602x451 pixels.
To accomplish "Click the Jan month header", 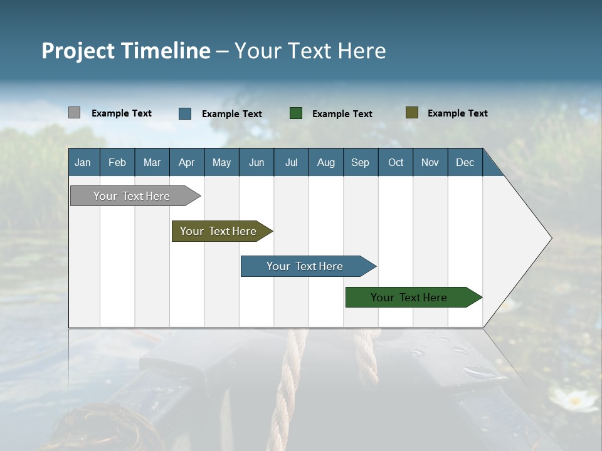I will pyautogui.click(x=83, y=162).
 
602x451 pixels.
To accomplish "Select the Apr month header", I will pyautogui.click(x=186, y=162).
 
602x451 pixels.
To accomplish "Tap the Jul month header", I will pyautogui.click(x=291, y=162).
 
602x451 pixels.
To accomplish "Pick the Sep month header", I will pyautogui.click(x=360, y=162).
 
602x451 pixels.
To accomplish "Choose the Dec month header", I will pyautogui.click(x=465, y=162).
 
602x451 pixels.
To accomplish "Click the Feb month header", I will pyautogui.click(x=117, y=162).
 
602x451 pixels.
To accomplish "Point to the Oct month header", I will pyautogui.click(x=396, y=162).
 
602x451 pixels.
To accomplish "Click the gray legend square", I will pyautogui.click(x=74, y=113).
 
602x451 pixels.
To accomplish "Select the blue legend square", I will pyautogui.click(x=185, y=113).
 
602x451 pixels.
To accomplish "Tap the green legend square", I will pyautogui.click(x=296, y=113).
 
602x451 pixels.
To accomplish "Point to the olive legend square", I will pyautogui.click(x=411, y=113).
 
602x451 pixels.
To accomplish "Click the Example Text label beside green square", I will pyautogui.click(x=342, y=114).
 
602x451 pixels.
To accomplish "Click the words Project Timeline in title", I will pyautogui.click(x=126, y=51).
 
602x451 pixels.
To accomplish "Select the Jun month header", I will pyautogui.click(x=256, y=162).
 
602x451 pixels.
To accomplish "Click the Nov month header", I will pyautogui.click(x=430, y=162).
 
